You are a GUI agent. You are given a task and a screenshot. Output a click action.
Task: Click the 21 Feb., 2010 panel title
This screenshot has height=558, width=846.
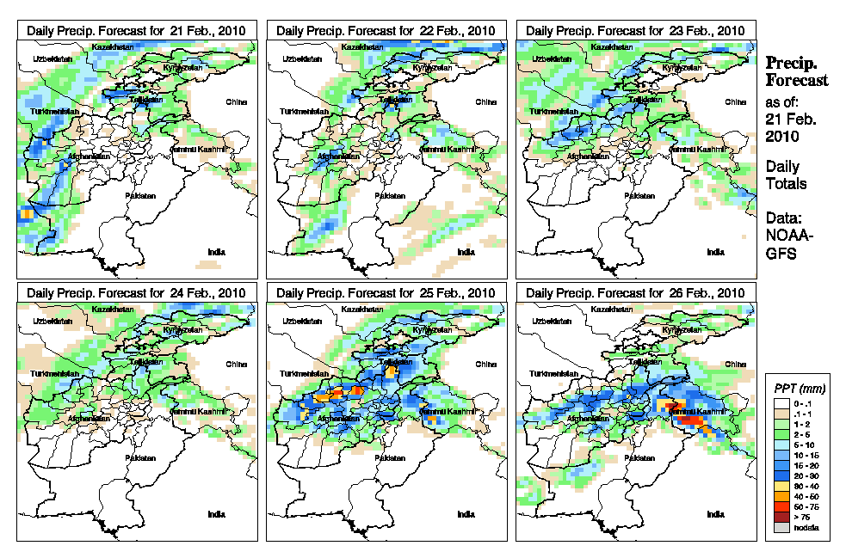pyautogui.click(x=137, y=30)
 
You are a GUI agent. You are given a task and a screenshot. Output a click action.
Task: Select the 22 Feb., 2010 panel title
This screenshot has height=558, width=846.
pyautogui.click(x=386, y=30)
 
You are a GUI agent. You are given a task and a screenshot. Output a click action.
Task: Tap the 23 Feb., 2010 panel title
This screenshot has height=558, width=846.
pyautogui.click(x=635, y=30)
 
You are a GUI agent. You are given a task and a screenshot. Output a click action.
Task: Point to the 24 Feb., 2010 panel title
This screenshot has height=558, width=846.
pyautogui.click(x=137, y=292)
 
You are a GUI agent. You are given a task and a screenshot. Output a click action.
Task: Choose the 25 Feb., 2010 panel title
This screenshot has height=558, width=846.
pyautogui.click(x=386, y=292)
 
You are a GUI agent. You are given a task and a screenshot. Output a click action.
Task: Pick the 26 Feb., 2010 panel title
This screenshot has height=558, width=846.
pyautogui.click(x=635, y=292)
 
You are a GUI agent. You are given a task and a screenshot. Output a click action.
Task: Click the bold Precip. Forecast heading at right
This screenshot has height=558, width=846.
pyautogui.click(x=796, y=71)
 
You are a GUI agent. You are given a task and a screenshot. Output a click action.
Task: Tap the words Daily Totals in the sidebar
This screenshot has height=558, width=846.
pyautogui.click(x=785, y=175)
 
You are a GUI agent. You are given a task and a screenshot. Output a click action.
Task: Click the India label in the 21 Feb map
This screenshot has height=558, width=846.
pyautogui.click(x=217, y=252)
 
